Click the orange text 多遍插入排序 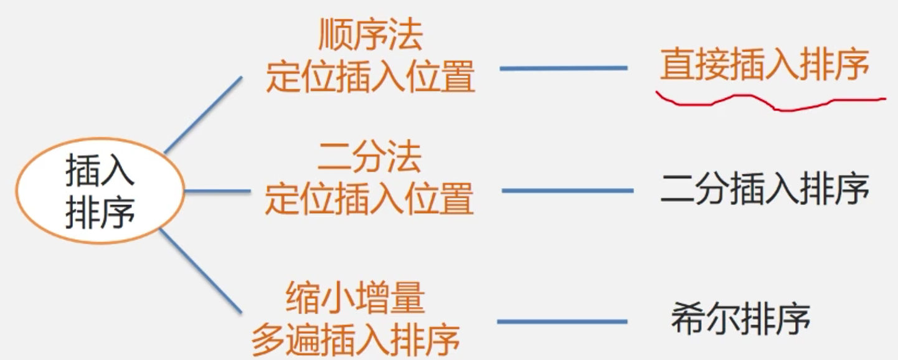click(x=356, y=339)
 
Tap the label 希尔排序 click(x=740, y=319)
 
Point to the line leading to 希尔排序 click(x=562, y=322)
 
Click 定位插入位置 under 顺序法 click(x=370, y=78)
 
